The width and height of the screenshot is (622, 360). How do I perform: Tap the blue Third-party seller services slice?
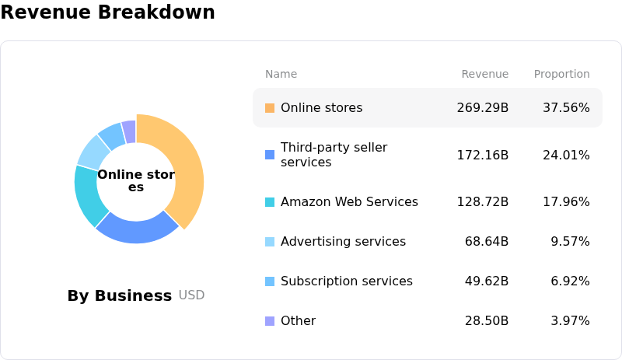click(137, 226)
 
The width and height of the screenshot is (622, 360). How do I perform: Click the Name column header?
click(281, 74)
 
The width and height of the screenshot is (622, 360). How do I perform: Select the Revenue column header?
click(484, 74)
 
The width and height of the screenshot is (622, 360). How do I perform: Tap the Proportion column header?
click(561, 74)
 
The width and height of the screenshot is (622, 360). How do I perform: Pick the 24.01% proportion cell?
click(566, 155)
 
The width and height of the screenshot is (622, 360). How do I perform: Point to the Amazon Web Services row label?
click(349, 202)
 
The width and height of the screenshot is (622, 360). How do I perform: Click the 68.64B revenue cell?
click(487, 242)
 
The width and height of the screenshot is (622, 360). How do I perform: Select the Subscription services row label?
click(347, 281)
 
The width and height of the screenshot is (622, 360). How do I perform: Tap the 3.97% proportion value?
click(570, 321)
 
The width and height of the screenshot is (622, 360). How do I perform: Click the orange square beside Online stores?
click(270, 108)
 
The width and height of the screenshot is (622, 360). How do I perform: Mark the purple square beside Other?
click(270, 321)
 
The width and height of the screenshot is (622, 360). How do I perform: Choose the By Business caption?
click(119, 295)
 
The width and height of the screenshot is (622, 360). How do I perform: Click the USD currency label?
click(191, 295)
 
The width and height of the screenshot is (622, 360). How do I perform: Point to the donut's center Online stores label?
click(136, 180)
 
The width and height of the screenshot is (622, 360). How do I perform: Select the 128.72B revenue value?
click(482, 202)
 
